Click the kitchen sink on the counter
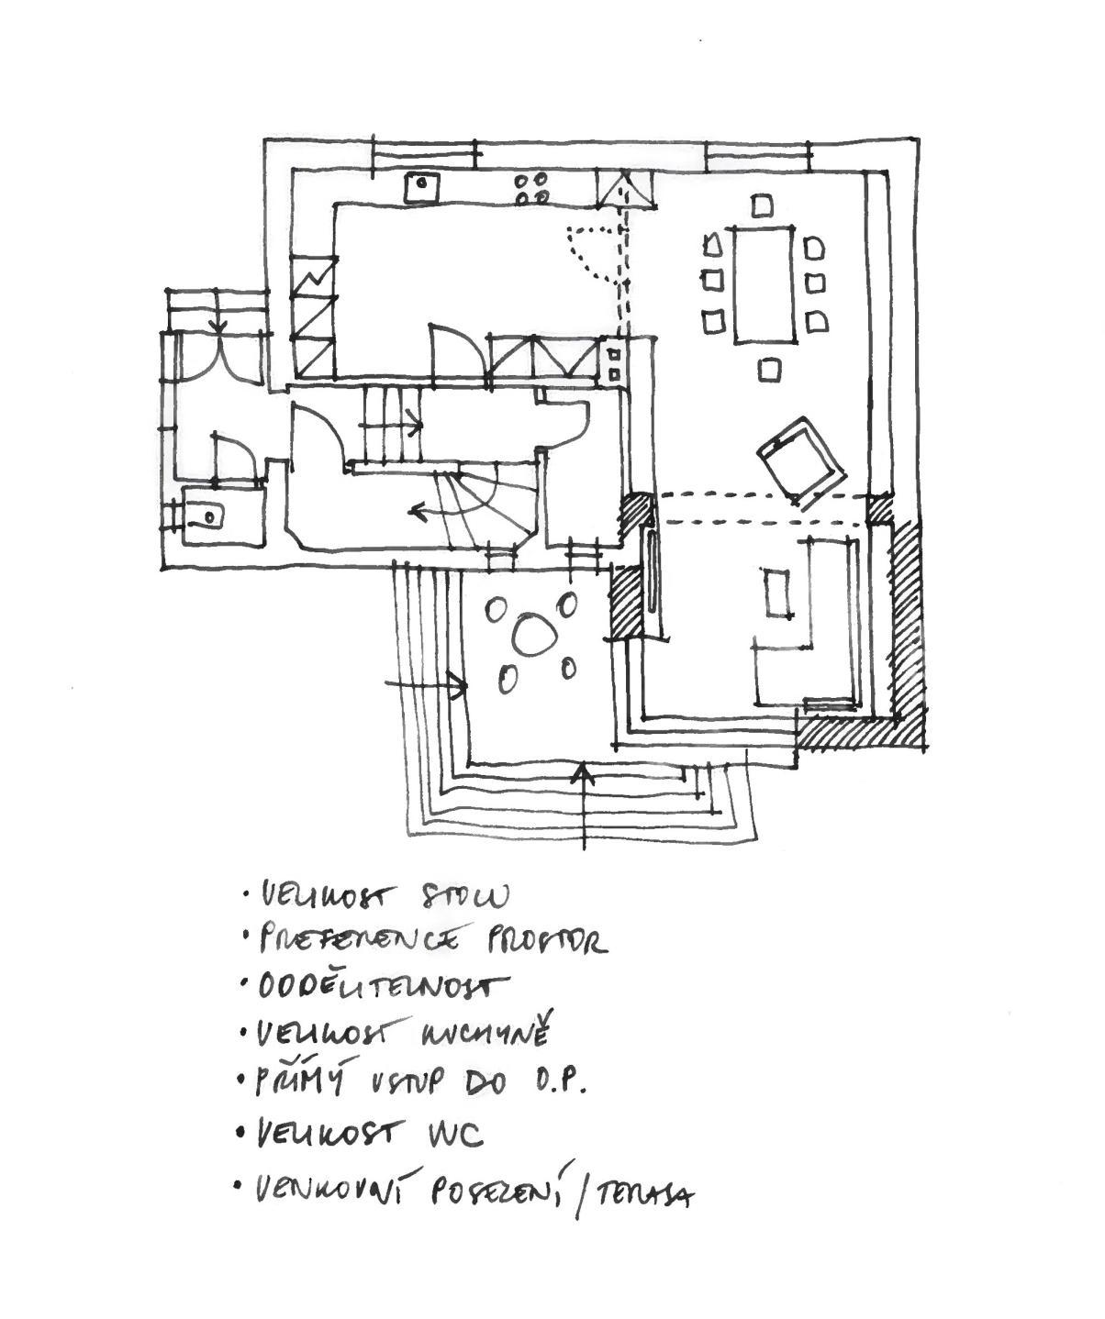coord(422,186)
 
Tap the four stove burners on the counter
coord(531,188)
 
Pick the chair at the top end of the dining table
coord(762,205)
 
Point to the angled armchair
coord(802,461)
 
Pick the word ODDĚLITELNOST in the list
coord(381,987)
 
